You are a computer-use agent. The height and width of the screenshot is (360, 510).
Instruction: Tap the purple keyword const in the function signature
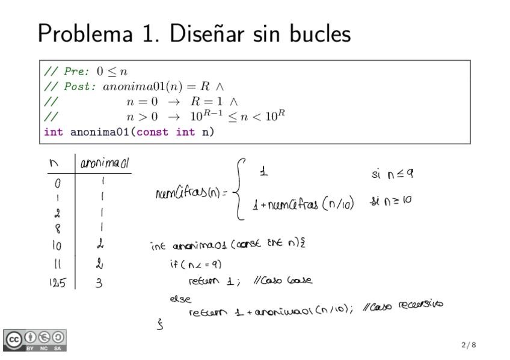[153, 132]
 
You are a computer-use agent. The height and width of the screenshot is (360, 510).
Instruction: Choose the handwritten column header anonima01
[105, 163]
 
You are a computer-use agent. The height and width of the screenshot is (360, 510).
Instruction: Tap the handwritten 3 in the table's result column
[100, 282]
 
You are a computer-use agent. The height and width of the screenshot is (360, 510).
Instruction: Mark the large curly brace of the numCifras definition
[239, 189]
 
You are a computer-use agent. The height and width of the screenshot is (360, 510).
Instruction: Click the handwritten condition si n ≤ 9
[392, 174]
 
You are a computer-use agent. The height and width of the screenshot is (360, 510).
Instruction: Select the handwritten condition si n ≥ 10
[391, 200]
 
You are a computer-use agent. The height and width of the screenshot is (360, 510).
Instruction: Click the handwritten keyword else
[180, 298]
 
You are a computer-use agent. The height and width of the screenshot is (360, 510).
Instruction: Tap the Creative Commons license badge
[35, 340]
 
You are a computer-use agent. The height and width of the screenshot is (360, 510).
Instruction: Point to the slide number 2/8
[469, 345]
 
